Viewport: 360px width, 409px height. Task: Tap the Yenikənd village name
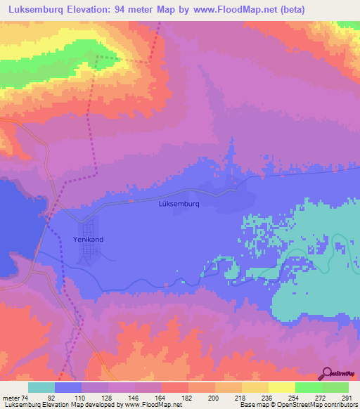88,240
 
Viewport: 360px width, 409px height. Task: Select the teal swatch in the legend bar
41,387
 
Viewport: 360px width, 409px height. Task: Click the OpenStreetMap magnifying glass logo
326,375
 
